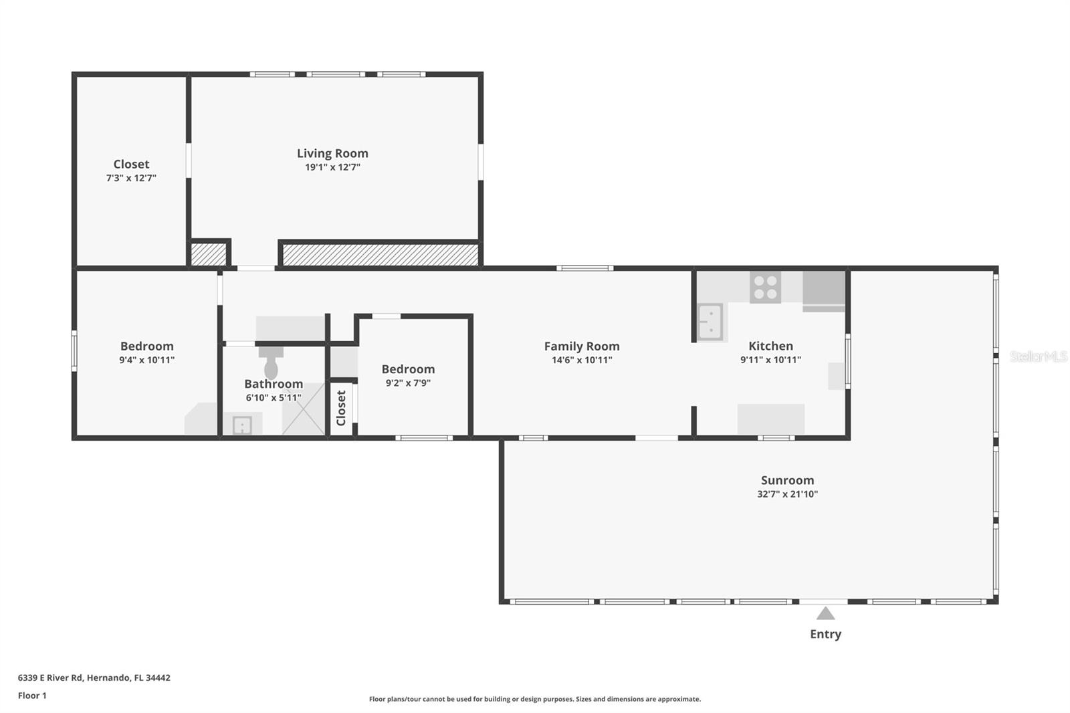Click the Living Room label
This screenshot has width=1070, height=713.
click(332, 153)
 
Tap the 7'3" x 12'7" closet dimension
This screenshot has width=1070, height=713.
click(131, 179)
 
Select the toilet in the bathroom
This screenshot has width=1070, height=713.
click(271, 365)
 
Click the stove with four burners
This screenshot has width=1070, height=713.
click(765, 287)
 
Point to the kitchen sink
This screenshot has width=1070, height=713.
click(710, 322)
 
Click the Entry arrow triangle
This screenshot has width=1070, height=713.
click(825, 613)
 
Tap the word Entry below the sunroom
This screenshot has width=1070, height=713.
click(825, 634)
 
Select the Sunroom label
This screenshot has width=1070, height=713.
click(787, 480)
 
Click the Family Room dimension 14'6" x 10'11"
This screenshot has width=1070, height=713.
click(581, 360)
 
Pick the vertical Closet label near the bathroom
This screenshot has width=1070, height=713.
click(341, 408)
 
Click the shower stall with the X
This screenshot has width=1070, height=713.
click(303, 409)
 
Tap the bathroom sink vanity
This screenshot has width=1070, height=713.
click(241, 424)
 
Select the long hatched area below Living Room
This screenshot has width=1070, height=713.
click(380, 255)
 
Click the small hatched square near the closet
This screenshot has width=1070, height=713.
click(208, 255)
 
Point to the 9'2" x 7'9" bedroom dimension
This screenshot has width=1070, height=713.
click(408, 383)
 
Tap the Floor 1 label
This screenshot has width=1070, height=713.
click(32, 696)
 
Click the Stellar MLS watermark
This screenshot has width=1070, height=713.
click(1038, 356)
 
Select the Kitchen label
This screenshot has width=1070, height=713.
click(770, 346)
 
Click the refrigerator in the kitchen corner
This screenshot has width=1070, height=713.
click(823, 290)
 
